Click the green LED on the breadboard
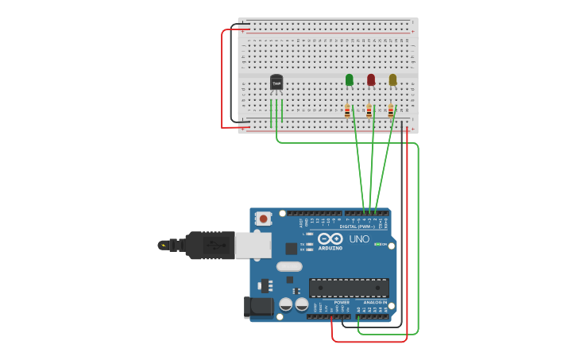[x=349, y=79]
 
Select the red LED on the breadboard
[x=371, y=79]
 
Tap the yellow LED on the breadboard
[x=392, y=79]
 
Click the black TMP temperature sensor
[x=276, y=83]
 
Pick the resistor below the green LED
[x=347, y=111]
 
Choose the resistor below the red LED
[x=369, y=111]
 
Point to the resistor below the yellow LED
[x=391, y=111]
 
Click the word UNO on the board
[x=359, y=239]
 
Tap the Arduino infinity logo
[x=330, y=238]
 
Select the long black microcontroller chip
[x=349, y=288]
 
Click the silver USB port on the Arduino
[x=253, y=246]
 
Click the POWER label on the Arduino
[x=342, y=302]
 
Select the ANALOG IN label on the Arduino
[x=375, y=302]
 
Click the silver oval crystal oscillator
[x=289, y=266]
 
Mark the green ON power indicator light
[x=376, y=245]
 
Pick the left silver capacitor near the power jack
[x=285, y=304]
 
